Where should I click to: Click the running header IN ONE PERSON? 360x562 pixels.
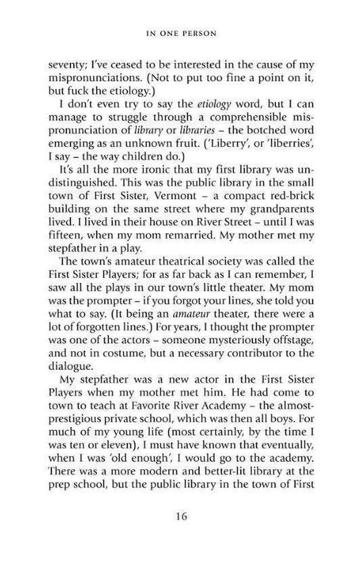tap(180, 34)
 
